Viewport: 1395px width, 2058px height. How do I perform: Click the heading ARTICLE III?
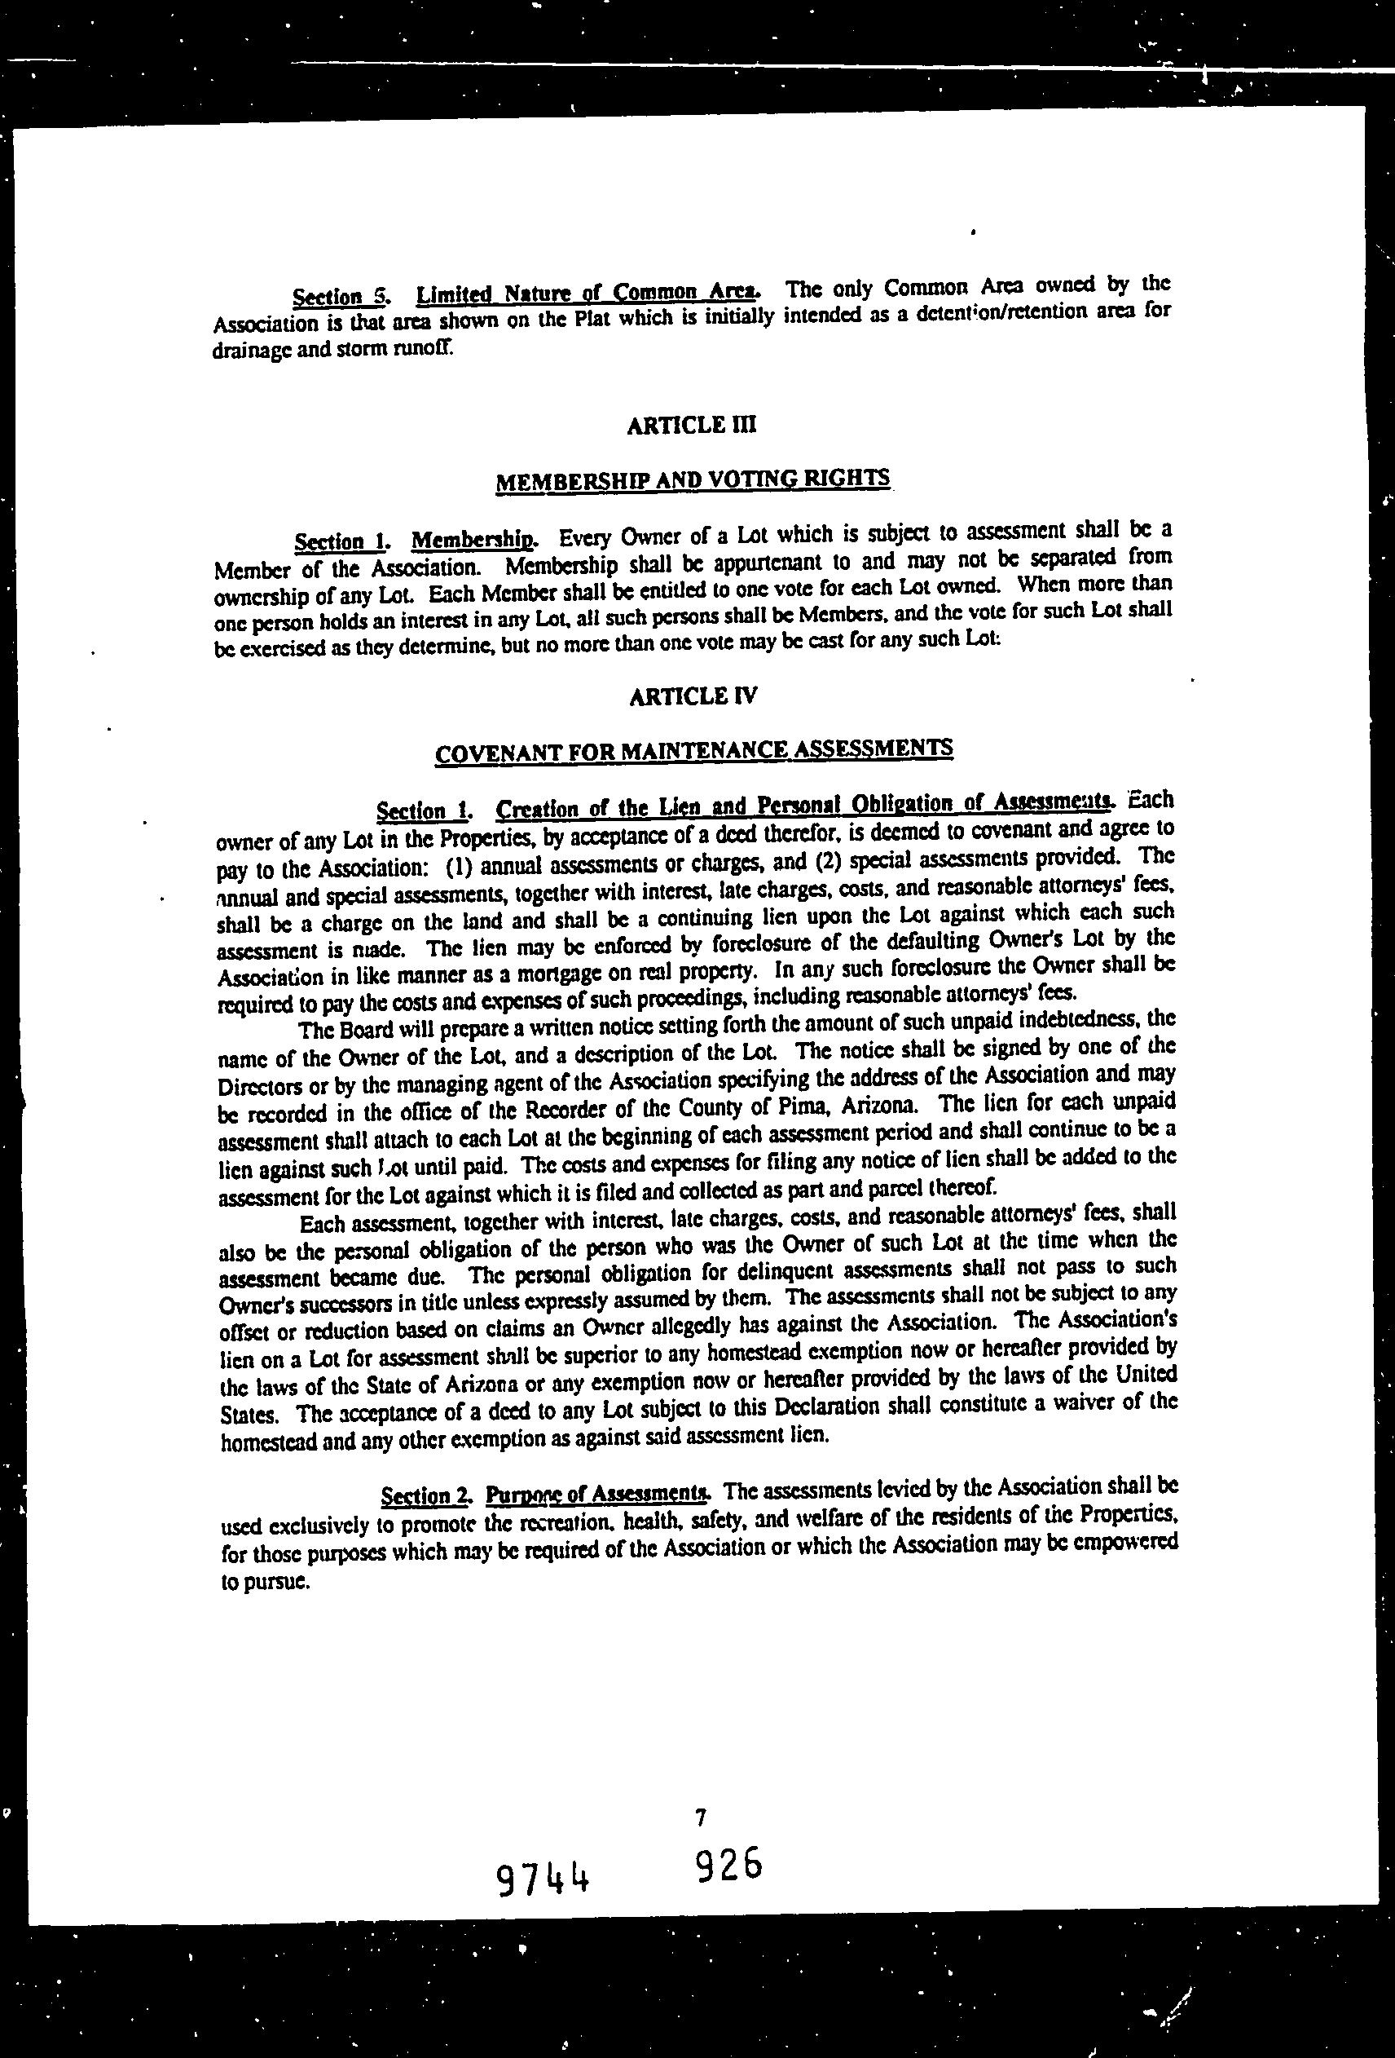coord(691,425)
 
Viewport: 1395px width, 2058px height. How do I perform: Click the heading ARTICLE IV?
coord(693,696)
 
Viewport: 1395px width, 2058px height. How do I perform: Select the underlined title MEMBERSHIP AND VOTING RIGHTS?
coord(692,481)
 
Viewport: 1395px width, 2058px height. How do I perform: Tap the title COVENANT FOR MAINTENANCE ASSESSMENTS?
coord(694,751)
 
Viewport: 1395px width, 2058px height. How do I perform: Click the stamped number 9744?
coord(543,1875)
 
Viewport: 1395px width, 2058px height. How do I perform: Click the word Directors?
coord(258,1086)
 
